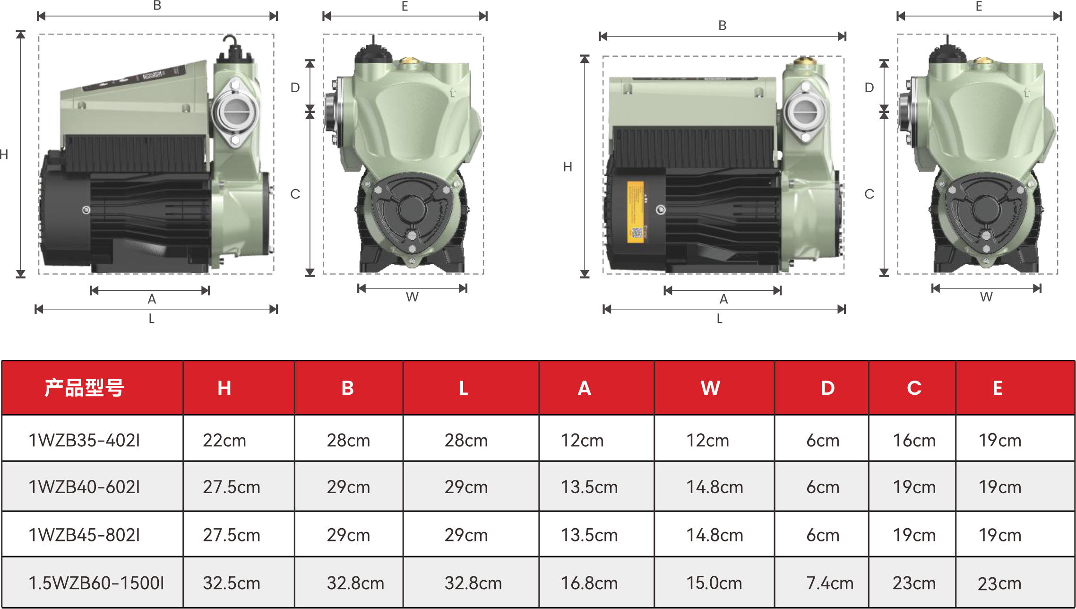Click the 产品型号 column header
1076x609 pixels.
[x=84, y=388]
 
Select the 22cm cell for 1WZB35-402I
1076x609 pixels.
[x=224, y=440]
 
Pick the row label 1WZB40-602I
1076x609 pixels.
[x=84, y=487]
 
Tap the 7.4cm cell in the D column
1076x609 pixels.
[x=830, y=583]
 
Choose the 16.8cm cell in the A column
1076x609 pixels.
[x=589, y=583]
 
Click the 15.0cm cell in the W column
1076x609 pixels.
[x=714, y=583]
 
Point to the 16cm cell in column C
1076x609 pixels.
[x=914, y=440]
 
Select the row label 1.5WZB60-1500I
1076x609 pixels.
[x=96, y=583]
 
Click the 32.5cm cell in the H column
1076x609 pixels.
[x=232, y=583]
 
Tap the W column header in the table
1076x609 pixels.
[x=710, y=388]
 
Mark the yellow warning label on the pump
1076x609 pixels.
[x=636, y=212]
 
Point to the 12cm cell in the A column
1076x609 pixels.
[x=582, y=440]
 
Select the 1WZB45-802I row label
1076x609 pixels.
[x=84, y=535]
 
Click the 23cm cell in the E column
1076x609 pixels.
[x=999, y=583]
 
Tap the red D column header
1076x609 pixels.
[x=827, y=388]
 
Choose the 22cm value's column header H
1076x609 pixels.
[x=224, y=388]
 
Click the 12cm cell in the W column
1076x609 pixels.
[x=707, y=440]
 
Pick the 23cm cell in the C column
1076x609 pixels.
[x=914, y=583]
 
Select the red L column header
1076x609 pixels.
[x=464, y=388]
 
